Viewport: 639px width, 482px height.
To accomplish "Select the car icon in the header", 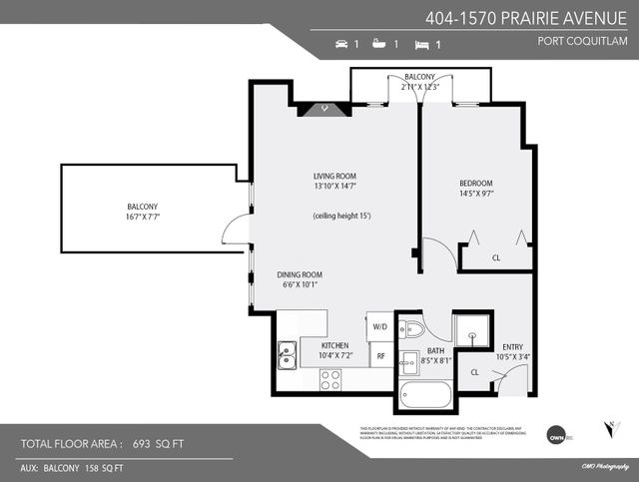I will (341, 45).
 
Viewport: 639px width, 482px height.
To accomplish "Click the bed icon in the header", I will (421, 45).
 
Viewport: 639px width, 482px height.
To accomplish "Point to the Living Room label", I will (334, 181).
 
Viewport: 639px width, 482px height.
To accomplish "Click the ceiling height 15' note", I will (341, 217).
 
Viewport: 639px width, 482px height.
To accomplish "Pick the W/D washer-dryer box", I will (380, 326).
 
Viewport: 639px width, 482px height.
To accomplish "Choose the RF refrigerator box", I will (380, 354).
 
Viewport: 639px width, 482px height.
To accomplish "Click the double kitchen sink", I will (287, 351).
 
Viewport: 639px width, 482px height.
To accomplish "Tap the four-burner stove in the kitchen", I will (329, 379).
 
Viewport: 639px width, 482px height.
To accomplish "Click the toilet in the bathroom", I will (414, 329).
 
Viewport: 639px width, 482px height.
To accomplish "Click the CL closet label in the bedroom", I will (496, 257).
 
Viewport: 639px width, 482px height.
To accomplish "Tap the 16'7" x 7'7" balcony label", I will (143, 211).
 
